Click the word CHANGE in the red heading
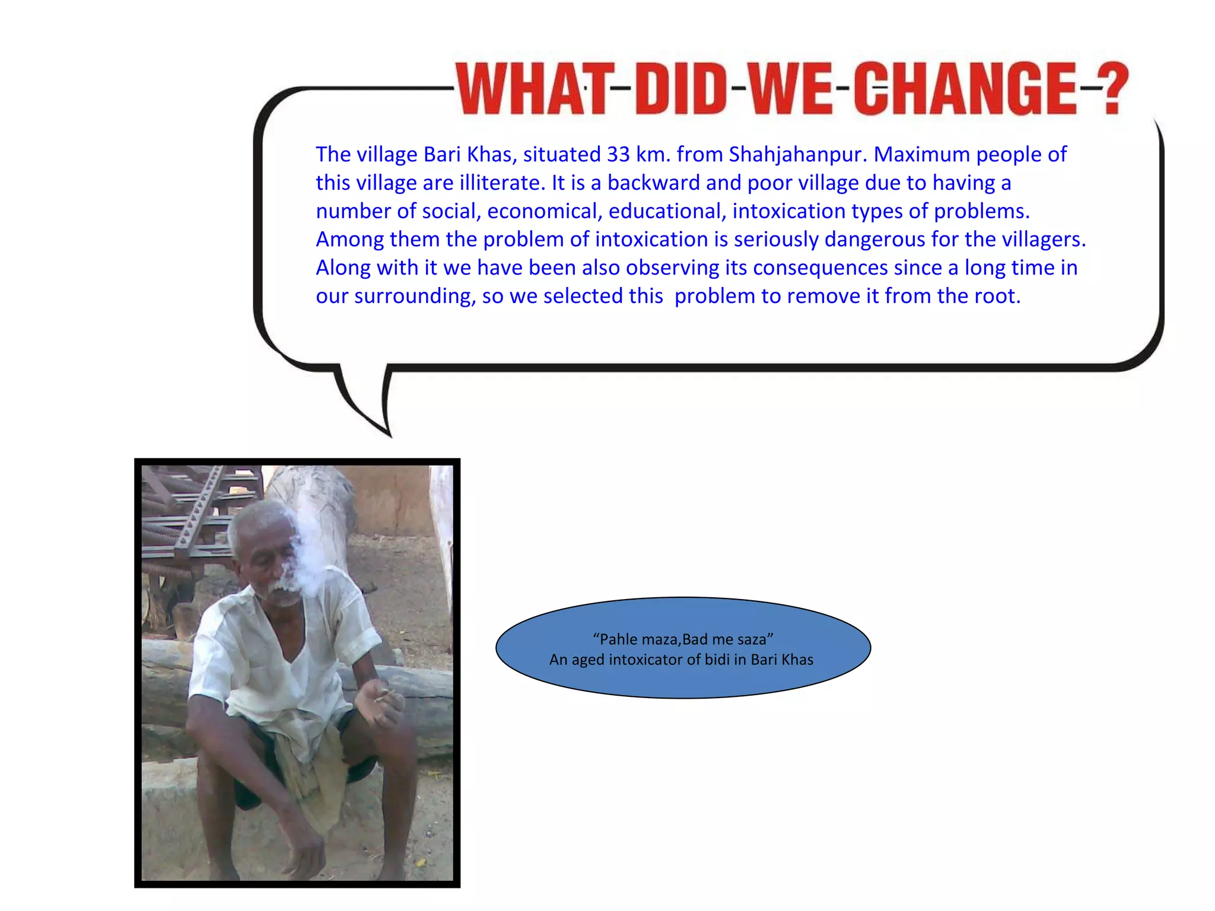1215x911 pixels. [965, 89]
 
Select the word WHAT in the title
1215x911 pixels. [532, 89]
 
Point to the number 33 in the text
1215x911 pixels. [618, 154]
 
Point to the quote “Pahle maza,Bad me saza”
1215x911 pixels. [683, 639]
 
